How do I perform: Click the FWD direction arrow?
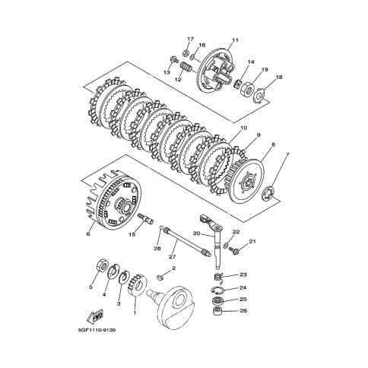(95, 316)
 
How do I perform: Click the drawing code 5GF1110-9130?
(97, 330)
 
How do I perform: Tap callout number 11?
(235, 40)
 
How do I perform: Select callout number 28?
(157, 249)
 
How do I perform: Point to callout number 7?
(287, 154)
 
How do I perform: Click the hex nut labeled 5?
(101, 266)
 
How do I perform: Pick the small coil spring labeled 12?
(186, 68)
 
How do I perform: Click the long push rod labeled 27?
(187, 242)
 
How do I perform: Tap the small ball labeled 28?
(161, 228)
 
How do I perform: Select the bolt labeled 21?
(234, 250)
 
